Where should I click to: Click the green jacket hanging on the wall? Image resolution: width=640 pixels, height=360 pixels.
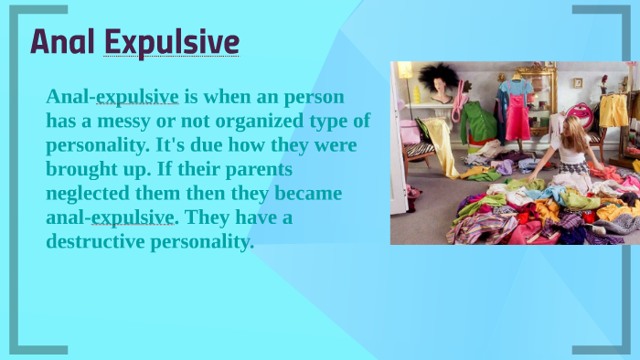[x=476, y=123]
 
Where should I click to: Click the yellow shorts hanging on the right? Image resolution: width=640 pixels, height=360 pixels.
[x=613, y=111]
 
